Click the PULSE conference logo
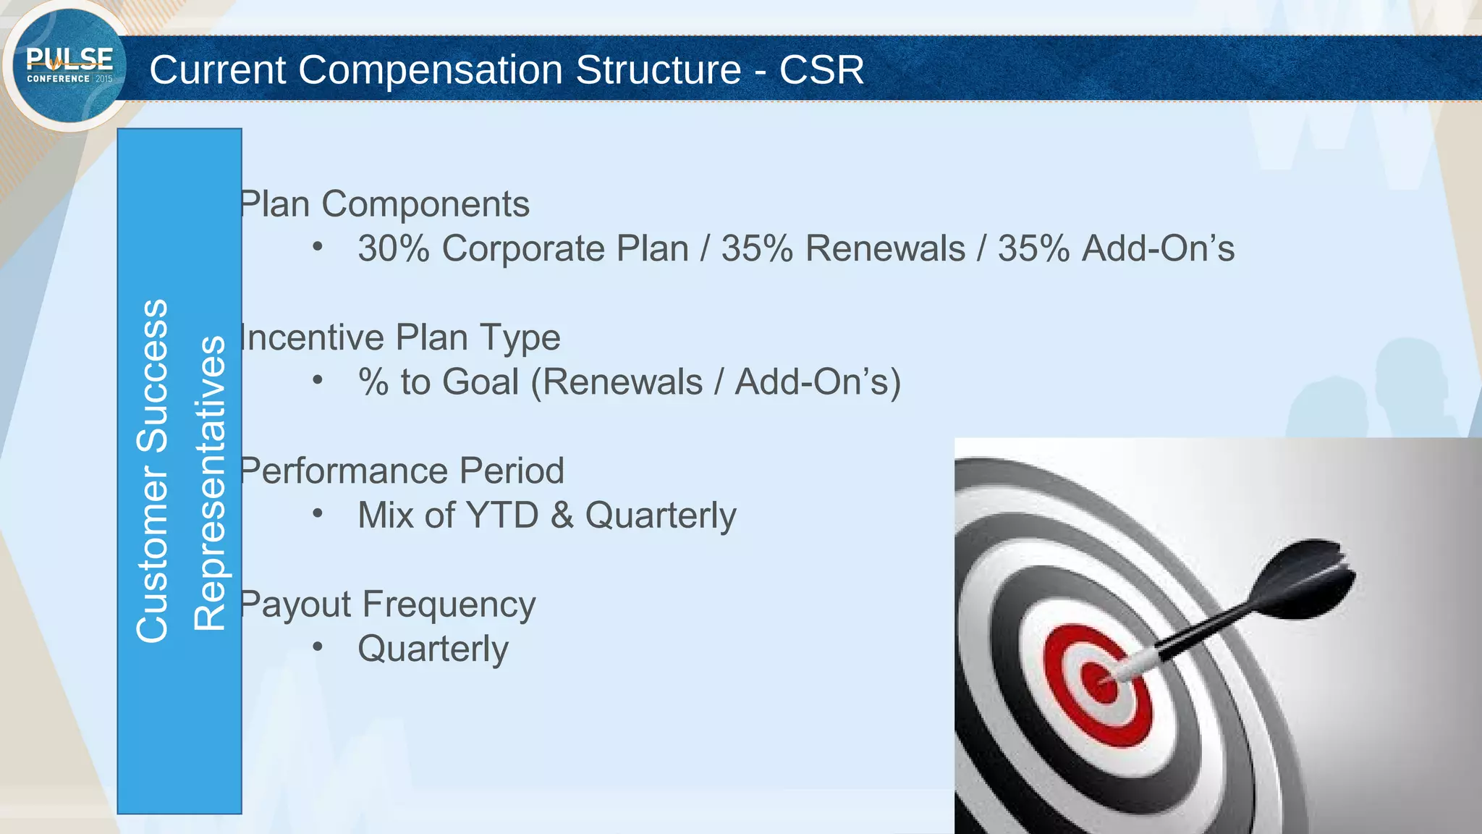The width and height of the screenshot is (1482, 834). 69,65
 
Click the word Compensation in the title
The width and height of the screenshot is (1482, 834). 430,70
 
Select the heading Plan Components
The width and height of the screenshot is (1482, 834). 384,204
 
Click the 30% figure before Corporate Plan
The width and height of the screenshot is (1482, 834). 394,249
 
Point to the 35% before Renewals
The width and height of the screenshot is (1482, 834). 757,249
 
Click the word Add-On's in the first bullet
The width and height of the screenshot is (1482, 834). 1158,249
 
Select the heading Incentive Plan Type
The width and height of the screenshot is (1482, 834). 399,338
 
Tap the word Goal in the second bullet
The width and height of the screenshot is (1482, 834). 480,382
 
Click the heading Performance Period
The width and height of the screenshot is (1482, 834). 402,471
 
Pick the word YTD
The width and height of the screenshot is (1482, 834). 503,515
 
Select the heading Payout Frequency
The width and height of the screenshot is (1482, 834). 387,605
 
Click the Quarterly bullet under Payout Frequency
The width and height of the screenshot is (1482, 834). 433,649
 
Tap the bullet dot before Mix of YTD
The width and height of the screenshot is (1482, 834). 317,513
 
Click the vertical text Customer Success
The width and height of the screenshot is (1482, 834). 152,471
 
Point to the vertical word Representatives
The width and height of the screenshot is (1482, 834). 210,484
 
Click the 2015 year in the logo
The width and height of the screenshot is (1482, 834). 104,79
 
